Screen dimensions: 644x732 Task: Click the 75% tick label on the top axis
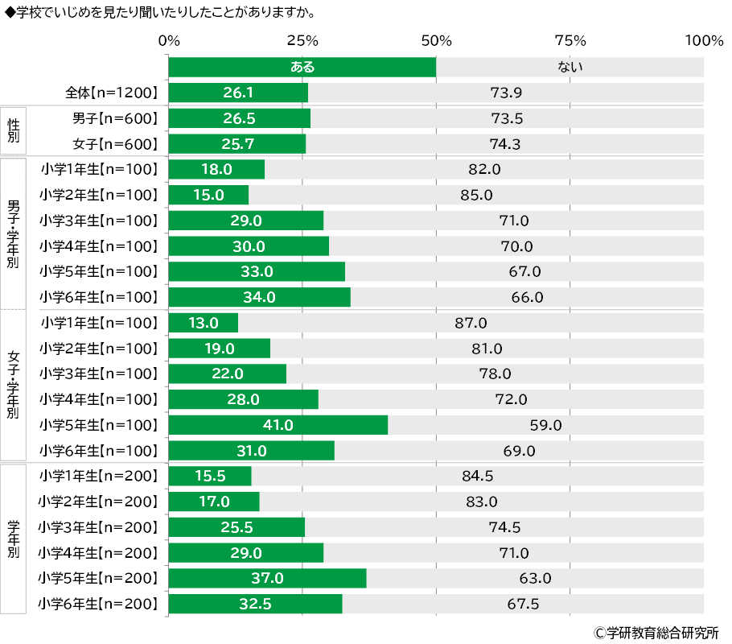[570, 41]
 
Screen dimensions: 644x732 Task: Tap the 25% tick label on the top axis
[302, 41]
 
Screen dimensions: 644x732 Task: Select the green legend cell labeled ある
[302, 68]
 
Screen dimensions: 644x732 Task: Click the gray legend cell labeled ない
[570, 68]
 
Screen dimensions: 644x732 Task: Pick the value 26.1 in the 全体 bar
[239, 93]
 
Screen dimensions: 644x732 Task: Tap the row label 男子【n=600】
[114, 119]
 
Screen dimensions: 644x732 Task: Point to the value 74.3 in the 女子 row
[507, 144]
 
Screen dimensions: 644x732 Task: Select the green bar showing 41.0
[278, 425]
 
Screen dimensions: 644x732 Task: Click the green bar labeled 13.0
[204, 323]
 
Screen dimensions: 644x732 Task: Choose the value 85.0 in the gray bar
[476, 195]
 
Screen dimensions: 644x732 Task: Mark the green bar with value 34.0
[259, 297]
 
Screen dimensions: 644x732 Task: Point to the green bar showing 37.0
[267, 578]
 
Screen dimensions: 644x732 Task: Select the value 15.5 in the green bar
[209, 476]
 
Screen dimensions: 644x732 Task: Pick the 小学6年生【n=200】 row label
[97, 604]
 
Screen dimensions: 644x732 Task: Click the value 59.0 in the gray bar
[545, 425]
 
